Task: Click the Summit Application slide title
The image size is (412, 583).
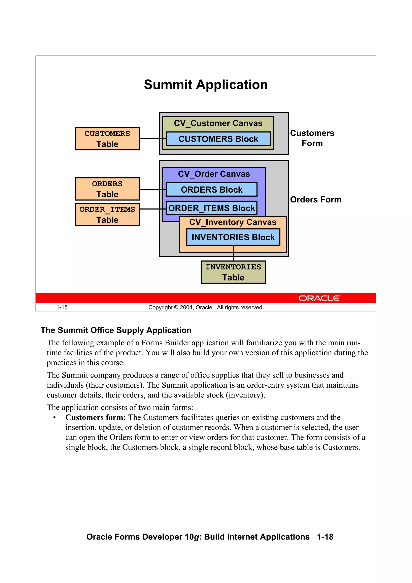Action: point(206,85)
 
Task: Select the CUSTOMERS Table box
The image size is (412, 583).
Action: point(107,139)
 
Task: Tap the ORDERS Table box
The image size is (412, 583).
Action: point(107,189)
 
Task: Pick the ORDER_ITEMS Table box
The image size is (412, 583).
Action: point(107,215)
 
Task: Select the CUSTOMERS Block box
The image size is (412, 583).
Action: point(218,139)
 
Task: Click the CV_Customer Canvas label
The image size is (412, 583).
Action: point(218,123)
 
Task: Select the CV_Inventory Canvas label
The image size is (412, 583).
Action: point(233,222)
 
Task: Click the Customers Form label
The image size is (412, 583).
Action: point(312,138)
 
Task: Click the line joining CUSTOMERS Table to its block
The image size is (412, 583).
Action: point(152,139)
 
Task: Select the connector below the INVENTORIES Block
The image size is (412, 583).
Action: point(233,253)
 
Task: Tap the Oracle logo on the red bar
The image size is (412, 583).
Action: point(319,298)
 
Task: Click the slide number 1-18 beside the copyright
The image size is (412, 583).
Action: point(62,307)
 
